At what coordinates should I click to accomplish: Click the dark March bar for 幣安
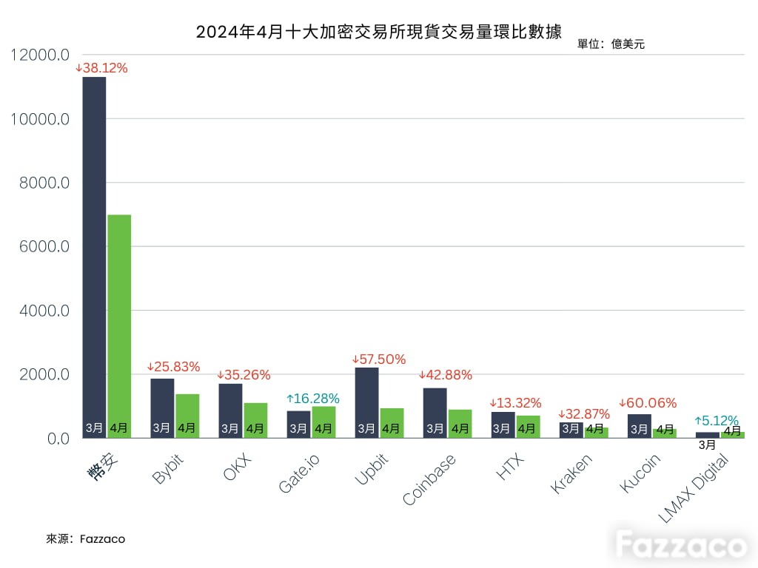94,257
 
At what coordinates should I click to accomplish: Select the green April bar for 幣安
119,326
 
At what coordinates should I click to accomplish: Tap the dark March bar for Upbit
367,403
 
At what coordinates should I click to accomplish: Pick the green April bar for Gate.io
324,422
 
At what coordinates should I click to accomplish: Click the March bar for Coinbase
435,413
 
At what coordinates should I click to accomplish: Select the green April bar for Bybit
187,416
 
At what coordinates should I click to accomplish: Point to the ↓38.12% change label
101,68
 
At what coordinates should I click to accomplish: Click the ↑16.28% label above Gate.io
313,399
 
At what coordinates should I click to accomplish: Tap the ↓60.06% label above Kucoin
648,403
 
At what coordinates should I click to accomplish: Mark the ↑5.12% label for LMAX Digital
717,420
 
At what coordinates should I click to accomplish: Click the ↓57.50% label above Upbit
378,359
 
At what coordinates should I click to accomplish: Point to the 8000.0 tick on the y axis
44,183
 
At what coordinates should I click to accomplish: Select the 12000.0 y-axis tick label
40,55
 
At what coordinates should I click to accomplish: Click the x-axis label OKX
238,467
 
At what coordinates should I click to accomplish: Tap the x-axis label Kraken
571,474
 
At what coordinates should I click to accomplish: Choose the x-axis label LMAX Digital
693,488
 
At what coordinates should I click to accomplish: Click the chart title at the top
378,32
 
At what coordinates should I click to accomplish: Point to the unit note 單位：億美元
611,44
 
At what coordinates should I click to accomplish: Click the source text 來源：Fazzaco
86,539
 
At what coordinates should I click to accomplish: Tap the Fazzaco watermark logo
681,544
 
